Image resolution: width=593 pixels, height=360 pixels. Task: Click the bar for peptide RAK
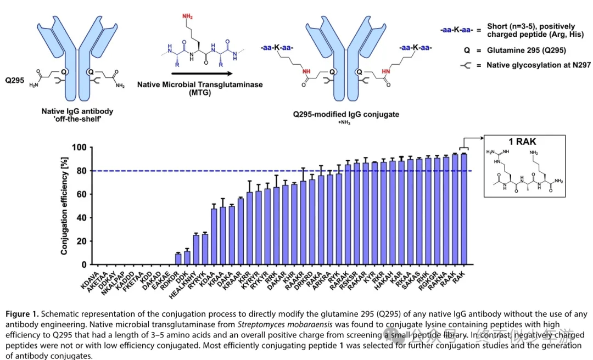pyautogui.click(x=463, y=209)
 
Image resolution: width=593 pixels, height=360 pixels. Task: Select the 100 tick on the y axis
pyautogui.click(x=79, y=148)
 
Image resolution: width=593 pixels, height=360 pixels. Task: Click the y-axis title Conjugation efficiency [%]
pyautogui.click(x=64, y=206)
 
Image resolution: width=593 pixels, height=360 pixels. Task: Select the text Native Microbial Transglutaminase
pyautogui.click(x=200, y=85)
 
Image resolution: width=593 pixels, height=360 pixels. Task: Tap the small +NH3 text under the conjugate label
pyautogui.click(x=345, y=123)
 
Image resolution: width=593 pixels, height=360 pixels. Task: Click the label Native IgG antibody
pyautogui.click(x=77, y=111)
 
